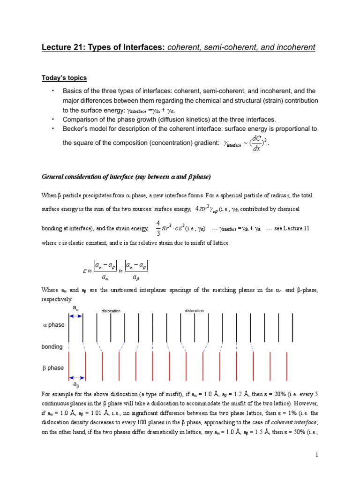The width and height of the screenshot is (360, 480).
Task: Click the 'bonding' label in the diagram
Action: click(x=52, y=346)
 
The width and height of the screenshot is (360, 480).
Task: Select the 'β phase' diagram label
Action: click(x=53, y=368)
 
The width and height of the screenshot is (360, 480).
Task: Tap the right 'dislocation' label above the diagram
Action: click(x=194, y=310)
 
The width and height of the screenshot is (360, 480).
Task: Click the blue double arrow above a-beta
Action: click(x=77, y=377)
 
